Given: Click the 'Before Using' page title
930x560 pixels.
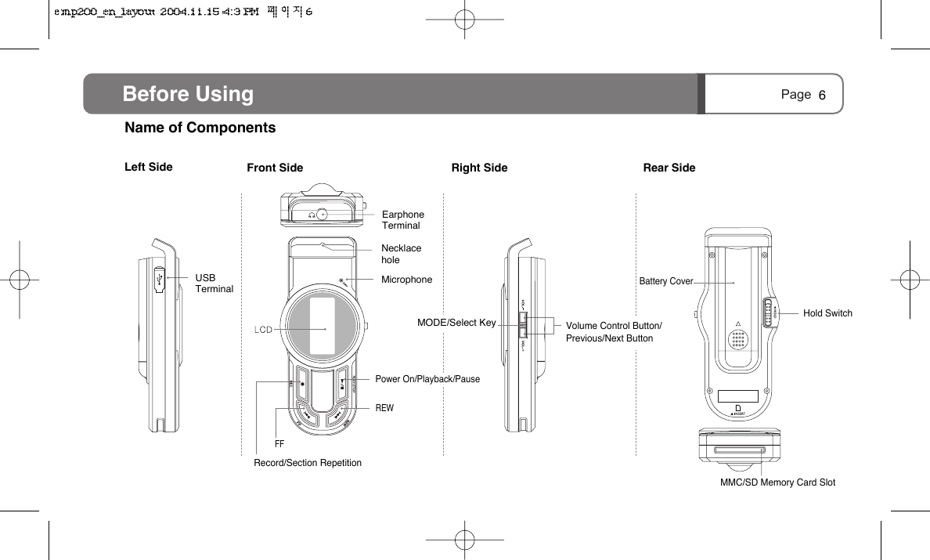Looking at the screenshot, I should point(188,95).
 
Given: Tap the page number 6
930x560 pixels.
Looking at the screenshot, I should point(822,96).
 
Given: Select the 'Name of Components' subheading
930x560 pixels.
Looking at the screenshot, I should point(200,128).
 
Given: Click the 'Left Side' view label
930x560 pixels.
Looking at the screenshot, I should point(149,167).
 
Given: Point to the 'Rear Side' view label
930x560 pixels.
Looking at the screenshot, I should point(669,168).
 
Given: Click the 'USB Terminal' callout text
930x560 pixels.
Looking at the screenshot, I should point(214,284).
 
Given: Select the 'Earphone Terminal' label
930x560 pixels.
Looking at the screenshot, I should point(402,220).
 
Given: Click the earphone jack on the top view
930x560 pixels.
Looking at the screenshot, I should point(322,213).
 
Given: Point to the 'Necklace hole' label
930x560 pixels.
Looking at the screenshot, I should point(401,254).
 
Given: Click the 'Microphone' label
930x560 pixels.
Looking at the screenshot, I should point(406,280).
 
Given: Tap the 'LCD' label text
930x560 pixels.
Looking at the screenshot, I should point(263,330).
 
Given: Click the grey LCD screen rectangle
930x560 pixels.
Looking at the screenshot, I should point(324,328).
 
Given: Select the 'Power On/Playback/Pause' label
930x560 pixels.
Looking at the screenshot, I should point(427,379).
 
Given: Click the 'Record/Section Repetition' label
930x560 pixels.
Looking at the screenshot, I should point(308,463).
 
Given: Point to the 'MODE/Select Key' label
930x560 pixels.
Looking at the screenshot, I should point(456,323).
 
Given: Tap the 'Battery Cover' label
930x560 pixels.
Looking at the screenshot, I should point(666,281).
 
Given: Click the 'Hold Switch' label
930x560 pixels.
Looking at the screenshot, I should point(827,313).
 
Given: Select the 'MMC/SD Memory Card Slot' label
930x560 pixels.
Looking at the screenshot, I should point(777,482).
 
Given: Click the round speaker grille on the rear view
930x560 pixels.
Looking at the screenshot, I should point(737,339).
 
